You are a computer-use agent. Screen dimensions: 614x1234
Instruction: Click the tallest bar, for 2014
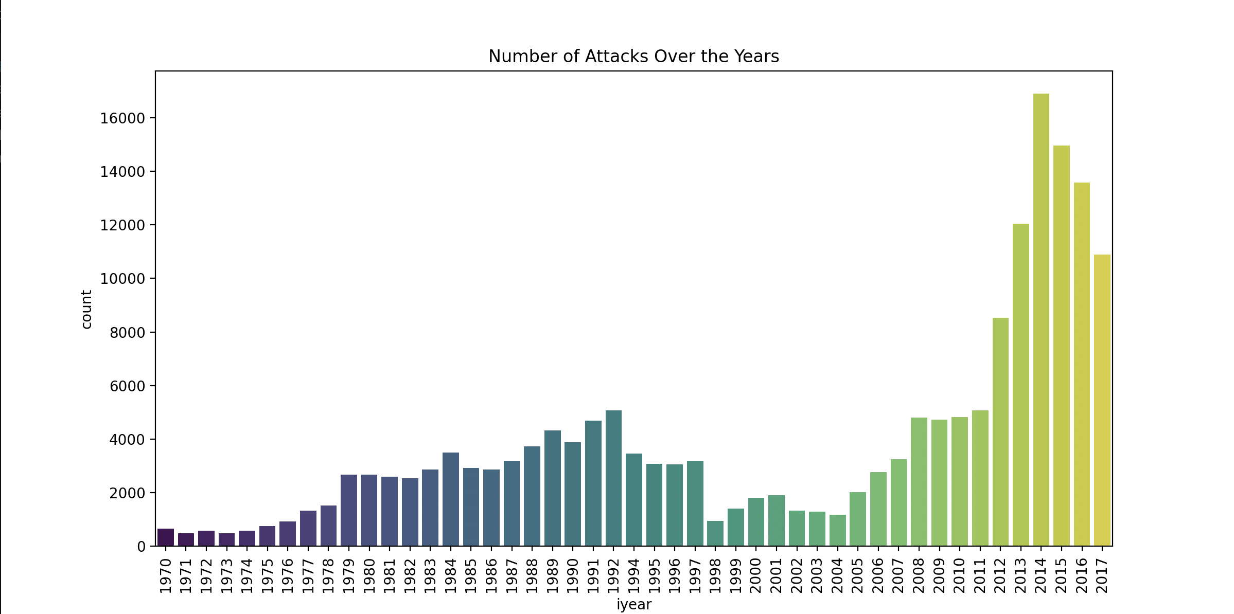[x=1041, y=319]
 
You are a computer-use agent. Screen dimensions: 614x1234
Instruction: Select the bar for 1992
[x=613, y=478]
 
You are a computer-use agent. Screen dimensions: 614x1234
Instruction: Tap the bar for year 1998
[x=715, y=533]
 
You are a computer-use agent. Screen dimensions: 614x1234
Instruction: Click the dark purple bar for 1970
[x=166, y=537]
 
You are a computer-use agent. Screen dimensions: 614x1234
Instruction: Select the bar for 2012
[x=1000, y=432]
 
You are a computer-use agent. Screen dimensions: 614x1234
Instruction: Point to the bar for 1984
[x=451, y=499]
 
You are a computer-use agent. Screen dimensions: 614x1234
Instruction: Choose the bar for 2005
[x=858, y=519]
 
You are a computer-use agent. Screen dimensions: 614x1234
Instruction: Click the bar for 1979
[x=349, y=510]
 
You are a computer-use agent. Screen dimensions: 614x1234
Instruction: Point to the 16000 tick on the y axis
[x=122, y=118]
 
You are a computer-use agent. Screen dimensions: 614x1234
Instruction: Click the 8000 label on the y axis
[x=127, y=333]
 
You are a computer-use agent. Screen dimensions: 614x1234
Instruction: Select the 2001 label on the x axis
[x=777, y=576]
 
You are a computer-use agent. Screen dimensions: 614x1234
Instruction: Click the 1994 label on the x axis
[x=634, y=576]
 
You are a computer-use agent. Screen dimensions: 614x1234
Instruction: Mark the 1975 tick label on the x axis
[x=268, y=576]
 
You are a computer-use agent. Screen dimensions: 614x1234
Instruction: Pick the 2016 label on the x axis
[x=1082, y=576]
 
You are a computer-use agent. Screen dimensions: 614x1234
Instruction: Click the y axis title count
[x=86, y=309]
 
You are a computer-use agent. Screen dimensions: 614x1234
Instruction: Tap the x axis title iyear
[x=634, y=605]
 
